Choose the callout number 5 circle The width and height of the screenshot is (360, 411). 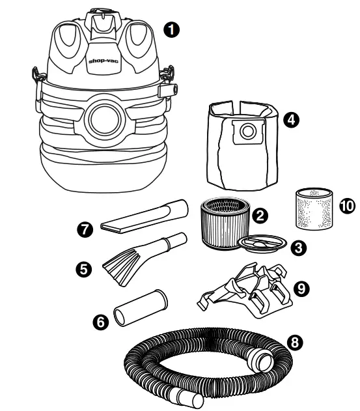tap(84, 266)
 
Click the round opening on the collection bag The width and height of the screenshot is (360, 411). tap(247, 132)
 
